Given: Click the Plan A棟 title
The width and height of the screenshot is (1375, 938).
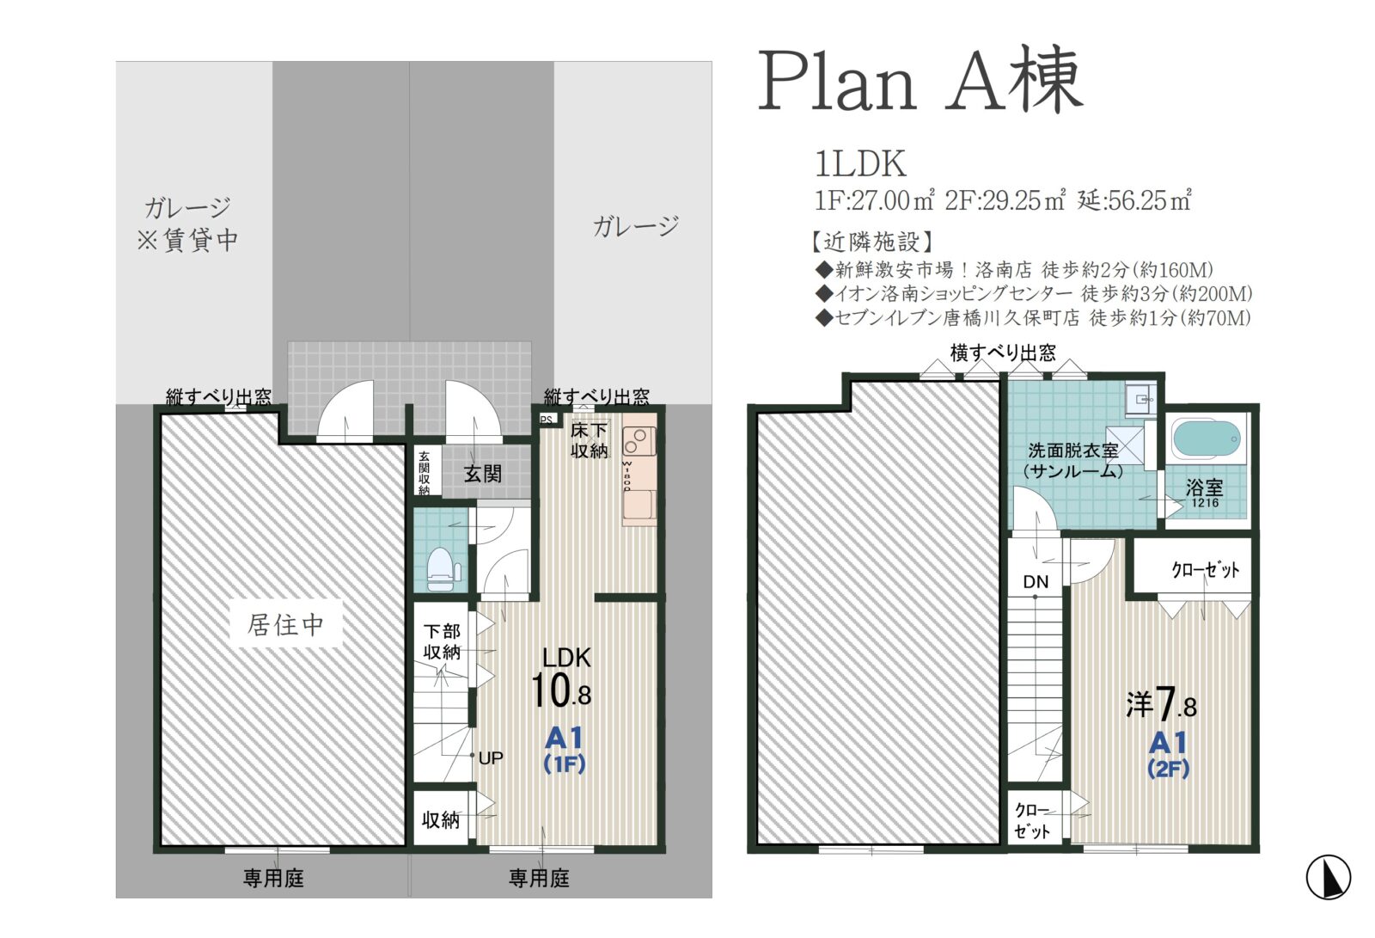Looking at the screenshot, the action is pos(920,80).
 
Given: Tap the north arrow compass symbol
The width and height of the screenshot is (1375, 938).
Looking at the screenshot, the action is pos(1328,877).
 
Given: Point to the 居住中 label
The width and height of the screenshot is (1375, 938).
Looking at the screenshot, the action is pos(285,625).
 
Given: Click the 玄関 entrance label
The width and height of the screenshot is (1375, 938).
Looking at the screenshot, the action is pos(482,474).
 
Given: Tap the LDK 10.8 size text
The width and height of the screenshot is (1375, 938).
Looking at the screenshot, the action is pos(562,677).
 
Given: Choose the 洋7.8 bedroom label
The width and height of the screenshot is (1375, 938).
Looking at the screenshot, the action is pos(1162,702).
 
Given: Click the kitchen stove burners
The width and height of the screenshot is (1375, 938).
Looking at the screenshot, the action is pos(639,441).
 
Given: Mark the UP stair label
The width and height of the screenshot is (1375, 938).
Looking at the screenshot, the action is pos(491,758).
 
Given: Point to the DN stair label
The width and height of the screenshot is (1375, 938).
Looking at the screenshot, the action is pos(1036,582).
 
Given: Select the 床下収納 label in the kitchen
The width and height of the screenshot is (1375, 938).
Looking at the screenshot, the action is pos(589,440).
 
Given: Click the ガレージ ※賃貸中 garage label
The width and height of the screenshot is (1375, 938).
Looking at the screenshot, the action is pos(187,224).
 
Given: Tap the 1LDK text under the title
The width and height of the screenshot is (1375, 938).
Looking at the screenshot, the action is pos(860,164).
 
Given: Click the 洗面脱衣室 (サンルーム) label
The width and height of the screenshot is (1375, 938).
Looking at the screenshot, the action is pos(1073,461).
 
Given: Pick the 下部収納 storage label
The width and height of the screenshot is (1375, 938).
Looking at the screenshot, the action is pos(442,641).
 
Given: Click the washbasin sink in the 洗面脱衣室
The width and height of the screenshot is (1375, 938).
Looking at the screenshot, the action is pos(1141,400).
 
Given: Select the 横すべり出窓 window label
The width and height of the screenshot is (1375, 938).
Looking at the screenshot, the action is pos(1003,353).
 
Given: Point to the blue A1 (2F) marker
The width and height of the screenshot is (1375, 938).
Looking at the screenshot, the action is pos(1168,755).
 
